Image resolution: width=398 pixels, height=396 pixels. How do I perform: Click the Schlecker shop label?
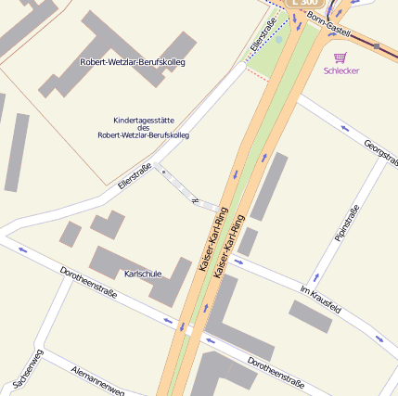click(x=340, y=70)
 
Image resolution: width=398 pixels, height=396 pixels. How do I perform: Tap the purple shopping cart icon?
click(x=340, y=57)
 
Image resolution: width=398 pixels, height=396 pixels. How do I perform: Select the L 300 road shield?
click(x=305, y=3)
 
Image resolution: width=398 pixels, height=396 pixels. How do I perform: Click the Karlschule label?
click(x=143, y=275)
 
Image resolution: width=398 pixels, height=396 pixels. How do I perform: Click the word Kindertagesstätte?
click(x=143, y=120)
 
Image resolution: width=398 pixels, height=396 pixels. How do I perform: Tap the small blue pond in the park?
click(x=278, y=40)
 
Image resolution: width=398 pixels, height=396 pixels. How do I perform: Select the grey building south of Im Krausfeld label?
click(x=310, y=316)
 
